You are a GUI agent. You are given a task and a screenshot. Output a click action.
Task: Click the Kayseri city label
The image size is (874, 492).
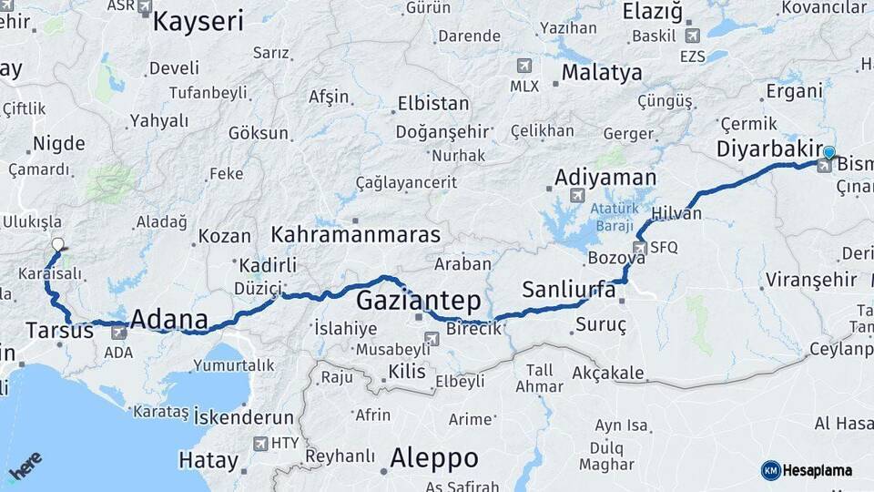coord(198,21)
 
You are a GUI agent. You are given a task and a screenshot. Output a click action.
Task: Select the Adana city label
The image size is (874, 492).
coord(168,319)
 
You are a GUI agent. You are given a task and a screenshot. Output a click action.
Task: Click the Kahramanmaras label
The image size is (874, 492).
coord(355,234)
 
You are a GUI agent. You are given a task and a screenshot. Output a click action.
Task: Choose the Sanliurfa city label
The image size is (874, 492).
coord(569,290)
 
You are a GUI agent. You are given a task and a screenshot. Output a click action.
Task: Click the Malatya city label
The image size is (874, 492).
coord(601,72)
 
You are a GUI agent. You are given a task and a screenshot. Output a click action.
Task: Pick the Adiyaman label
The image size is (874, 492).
coord(605,177)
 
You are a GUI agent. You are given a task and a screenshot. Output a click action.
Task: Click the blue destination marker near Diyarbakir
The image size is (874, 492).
coord(828,152)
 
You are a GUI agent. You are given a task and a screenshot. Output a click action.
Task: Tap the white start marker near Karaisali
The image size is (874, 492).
coord(58,244)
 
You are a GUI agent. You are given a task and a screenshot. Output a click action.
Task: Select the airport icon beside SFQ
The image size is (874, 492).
coord(640,247)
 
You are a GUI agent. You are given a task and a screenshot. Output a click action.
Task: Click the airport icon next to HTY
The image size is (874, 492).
coord(260,444)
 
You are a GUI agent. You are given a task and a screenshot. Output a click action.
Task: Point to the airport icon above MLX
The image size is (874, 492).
coord(523,66)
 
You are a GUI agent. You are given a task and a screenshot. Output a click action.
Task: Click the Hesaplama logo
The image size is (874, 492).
coord(807,470)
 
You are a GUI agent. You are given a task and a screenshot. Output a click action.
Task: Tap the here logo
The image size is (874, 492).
coord(25,466)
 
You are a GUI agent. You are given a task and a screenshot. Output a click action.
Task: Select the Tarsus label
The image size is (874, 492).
coord(59,330)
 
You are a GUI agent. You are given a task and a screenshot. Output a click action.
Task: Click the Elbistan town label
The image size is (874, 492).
coord(432,103)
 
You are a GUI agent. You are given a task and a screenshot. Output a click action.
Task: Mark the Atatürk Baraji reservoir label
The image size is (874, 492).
coord(616,215)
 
